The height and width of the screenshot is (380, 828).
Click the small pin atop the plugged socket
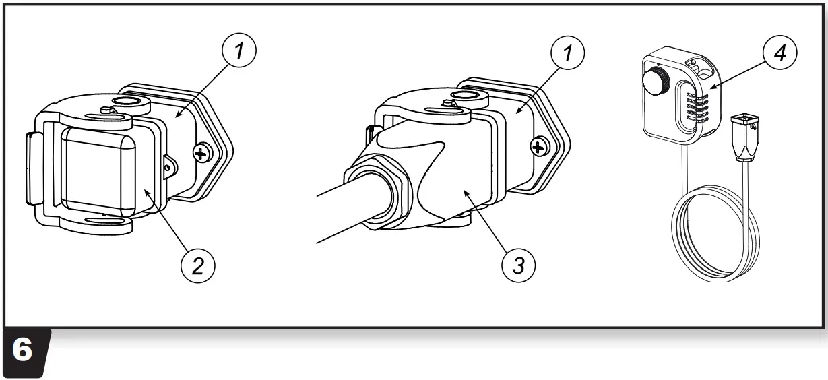(447, 102)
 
